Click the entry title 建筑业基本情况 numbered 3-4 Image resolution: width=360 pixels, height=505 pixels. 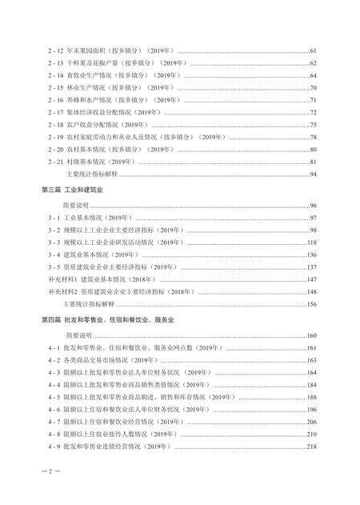pyautogui.click(x=101, y=255)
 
